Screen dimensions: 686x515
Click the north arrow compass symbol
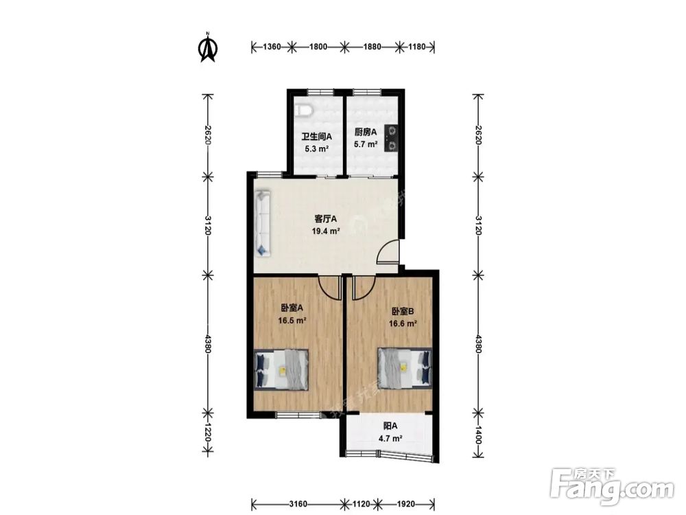coord(209,48)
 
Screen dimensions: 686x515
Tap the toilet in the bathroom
coord(303,111)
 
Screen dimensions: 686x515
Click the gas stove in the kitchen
coord(391,138)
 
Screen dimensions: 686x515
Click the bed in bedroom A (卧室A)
coord(281,369)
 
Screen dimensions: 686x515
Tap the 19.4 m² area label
coord(326,231)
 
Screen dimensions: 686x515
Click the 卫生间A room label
coord(317,137)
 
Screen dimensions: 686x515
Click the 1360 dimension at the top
coord(272,47)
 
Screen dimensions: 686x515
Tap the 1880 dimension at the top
coord(372,47)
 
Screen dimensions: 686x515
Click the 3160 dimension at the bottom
coord(298,504)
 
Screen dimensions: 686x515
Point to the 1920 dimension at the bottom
coord(406,504)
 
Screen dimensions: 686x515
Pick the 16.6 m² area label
coord(403,324)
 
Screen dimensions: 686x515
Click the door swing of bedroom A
coord(330,288)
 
